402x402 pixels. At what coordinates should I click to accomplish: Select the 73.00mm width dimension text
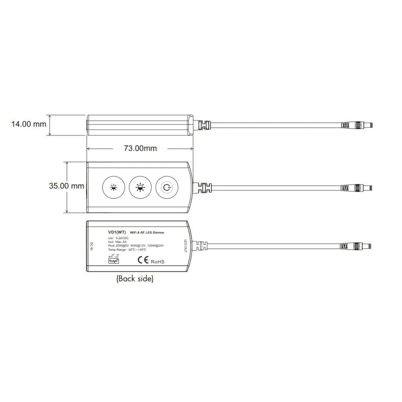pyautogui.click(x=140, y=148)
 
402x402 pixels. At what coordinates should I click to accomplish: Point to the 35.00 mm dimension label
pyautogui.click(x=67, y=186)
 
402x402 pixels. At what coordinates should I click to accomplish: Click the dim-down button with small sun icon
pyautogui.click(x=114, y=187)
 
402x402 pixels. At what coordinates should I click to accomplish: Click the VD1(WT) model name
pyautogui.click(x=117, y=232)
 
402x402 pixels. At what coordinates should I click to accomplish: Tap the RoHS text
pyautogui.click(x=158, y=262)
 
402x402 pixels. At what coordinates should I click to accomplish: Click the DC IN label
pyautogui.click(x=92, y=246)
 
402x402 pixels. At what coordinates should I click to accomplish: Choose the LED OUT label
pyautogui.click(x=186, y=245)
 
